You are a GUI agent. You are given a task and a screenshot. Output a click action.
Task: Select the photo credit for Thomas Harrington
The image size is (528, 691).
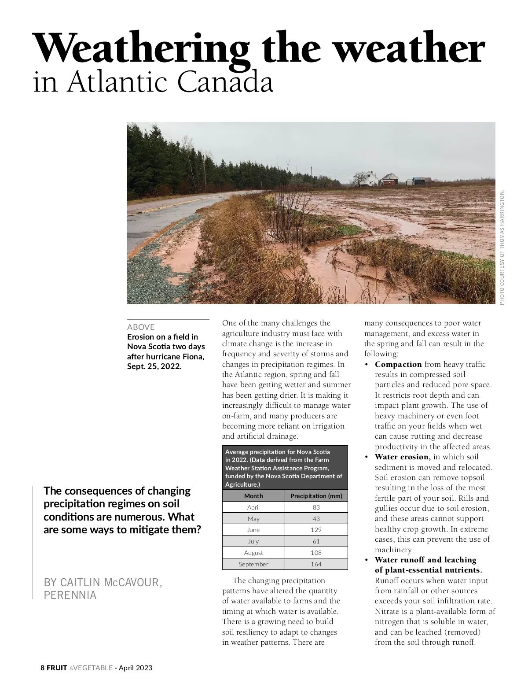point(502,247)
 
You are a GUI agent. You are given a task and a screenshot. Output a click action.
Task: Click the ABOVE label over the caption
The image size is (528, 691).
point(141,327)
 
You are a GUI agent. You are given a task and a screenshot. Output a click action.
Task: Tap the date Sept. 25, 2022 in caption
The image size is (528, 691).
point(154,366)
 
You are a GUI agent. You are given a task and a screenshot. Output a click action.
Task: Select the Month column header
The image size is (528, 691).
point(253,496)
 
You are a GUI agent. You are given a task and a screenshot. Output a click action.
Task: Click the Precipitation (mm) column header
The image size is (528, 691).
point(316,496)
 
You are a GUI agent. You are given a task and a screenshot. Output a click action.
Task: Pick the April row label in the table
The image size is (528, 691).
point(253,507)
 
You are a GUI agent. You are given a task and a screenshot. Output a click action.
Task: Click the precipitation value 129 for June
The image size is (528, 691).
point(316,530)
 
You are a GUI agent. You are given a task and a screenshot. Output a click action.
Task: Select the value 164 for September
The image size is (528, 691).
point(316,564)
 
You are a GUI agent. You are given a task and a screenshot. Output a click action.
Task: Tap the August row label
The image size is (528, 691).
point(253,553)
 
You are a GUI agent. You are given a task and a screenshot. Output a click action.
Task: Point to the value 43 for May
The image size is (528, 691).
point(316,519)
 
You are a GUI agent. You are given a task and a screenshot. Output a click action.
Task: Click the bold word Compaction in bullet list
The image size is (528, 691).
point(398,364)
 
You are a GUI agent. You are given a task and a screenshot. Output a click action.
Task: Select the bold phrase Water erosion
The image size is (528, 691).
point(402,457)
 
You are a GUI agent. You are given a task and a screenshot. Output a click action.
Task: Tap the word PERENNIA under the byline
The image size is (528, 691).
point(70,595)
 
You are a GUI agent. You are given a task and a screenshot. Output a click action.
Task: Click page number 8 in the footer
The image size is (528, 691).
point(43,668)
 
